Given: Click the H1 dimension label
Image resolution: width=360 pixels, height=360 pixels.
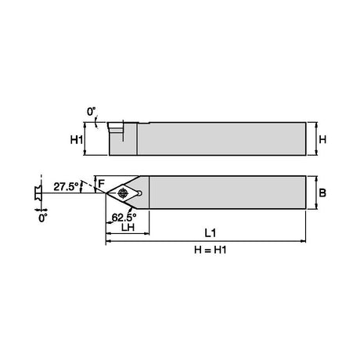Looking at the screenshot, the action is click(x=77, y=140).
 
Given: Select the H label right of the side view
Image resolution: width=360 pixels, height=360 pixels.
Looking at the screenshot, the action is click(x=322, y=140).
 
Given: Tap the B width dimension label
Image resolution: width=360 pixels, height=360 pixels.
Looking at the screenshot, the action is click(x=322, y=193).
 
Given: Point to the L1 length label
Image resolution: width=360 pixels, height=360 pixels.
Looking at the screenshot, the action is click(x=211, y=233).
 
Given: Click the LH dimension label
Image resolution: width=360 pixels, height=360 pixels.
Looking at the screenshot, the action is click(x=128, y=227).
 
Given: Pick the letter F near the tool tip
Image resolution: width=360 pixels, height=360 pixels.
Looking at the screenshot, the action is click(x=101, y=184).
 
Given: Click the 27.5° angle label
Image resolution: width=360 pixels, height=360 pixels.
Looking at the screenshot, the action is click(x=66, y=187).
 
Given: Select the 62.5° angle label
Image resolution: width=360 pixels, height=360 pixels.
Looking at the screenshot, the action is click(x=124, y=217).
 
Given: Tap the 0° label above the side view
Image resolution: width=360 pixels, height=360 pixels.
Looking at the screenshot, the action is click(x=92, y=112).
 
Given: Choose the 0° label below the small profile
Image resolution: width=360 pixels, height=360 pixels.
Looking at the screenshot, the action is click(x=43, y=218).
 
